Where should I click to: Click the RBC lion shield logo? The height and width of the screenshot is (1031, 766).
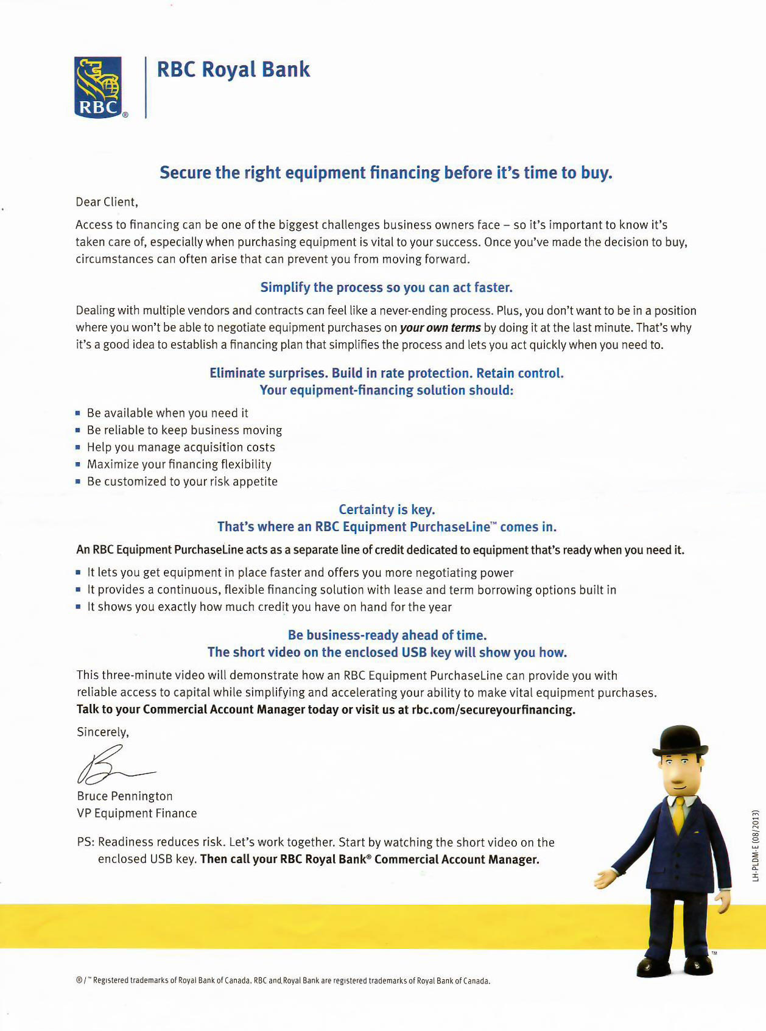click(x=98, y=87)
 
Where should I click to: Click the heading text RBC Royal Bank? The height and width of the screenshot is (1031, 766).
click(x=233, y=69)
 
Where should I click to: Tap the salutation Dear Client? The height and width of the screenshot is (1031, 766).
click(x=107, y=202)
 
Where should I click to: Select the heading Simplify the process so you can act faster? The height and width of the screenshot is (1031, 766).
click(x=386, y=287)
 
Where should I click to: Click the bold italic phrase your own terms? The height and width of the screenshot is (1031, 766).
click(x=440, y=328)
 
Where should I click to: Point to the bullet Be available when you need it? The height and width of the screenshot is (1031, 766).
click(x=167, y=413)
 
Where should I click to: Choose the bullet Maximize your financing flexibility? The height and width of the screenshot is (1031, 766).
click(x=179, y=464)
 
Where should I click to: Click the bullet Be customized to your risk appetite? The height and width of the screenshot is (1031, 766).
click(x=182, y=481)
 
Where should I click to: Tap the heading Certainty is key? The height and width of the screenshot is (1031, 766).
click(x=387, y=509)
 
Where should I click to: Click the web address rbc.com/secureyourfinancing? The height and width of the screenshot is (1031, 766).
click(x=493, y=709)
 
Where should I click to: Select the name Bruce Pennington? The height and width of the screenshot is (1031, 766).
click(x=125, y=796)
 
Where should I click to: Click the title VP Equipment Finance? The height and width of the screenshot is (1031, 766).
click(x=137, y=813)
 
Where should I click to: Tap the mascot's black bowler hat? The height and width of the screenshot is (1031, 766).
click(x=680, y=740)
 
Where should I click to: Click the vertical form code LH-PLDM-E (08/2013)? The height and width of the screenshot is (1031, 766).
click(x=756, y=845)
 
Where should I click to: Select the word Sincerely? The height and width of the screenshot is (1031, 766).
click(x=102, y=732)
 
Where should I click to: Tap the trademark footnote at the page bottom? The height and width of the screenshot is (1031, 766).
click(x=283, y=980)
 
